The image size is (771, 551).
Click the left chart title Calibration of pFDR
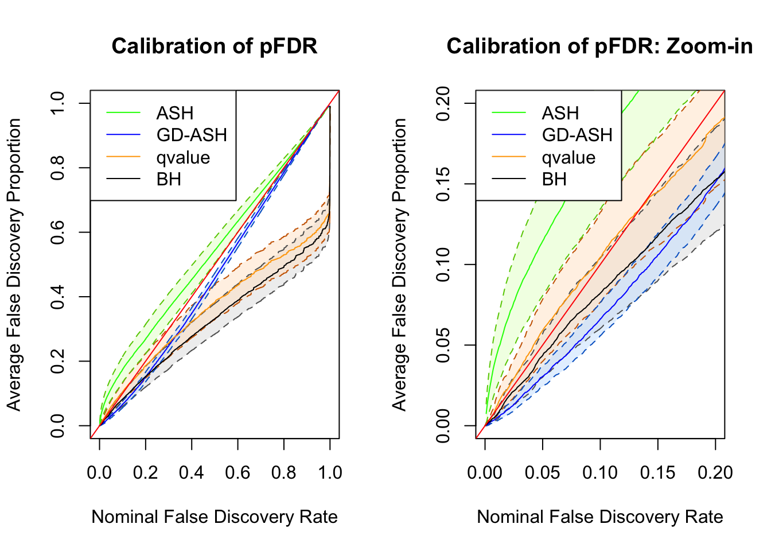point(215,46)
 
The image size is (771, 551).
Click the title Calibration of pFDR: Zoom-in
point(599,46)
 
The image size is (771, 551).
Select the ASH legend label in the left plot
point(175,113)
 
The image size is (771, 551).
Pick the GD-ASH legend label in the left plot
point(192,135)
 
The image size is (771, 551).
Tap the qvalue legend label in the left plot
point(183,157)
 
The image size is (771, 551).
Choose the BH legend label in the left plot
point(169,180)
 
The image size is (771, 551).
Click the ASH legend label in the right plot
point(560,113)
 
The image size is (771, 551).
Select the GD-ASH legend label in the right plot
point(577,135)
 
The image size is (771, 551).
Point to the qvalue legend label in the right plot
point(568,157)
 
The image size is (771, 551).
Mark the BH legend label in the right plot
point(554,180)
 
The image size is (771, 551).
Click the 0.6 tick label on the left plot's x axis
point(237,472)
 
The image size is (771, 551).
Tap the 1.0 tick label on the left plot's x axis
point(330,472)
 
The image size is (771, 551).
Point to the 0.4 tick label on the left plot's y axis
point(57,297)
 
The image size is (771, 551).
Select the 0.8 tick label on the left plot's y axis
point(57,168)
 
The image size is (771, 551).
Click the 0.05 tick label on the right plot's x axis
point(542,472)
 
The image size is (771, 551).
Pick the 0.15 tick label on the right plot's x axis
point(657,472)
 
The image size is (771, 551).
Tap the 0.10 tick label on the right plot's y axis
point(443,265)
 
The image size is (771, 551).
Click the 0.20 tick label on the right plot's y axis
point(443,103)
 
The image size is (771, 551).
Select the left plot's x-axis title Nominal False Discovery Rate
point(215,517)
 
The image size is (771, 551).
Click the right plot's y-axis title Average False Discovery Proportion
point(399,265)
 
